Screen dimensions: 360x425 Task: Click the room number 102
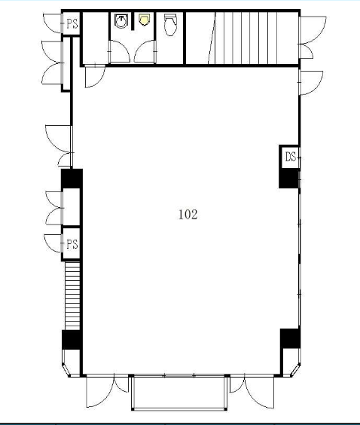point(188,215)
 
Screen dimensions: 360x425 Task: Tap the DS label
point(291,157)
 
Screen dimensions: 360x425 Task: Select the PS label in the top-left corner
point(72,24)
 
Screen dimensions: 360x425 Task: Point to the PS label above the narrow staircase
point(72,244)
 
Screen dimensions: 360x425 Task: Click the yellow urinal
point(144,20)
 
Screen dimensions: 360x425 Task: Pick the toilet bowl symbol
point(171,25)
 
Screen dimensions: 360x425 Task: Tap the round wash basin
point(121,21)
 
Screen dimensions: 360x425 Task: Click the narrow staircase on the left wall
point(72,295)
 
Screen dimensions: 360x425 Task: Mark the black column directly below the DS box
point(289,179)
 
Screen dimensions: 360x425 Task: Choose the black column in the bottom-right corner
point(290,338)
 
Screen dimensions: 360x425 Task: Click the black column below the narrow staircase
point(72,340)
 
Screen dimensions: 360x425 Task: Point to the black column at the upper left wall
point(72,179)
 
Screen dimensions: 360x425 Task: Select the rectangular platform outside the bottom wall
point(179,392)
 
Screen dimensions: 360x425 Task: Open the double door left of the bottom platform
point(107,391)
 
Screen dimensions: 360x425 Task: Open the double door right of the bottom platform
point(252,392)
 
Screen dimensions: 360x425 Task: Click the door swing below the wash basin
point(119,51)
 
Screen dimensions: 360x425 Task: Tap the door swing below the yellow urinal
point(145,51)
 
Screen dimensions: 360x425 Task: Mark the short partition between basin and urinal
point(133,21)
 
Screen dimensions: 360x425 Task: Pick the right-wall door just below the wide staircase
point(311,83)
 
